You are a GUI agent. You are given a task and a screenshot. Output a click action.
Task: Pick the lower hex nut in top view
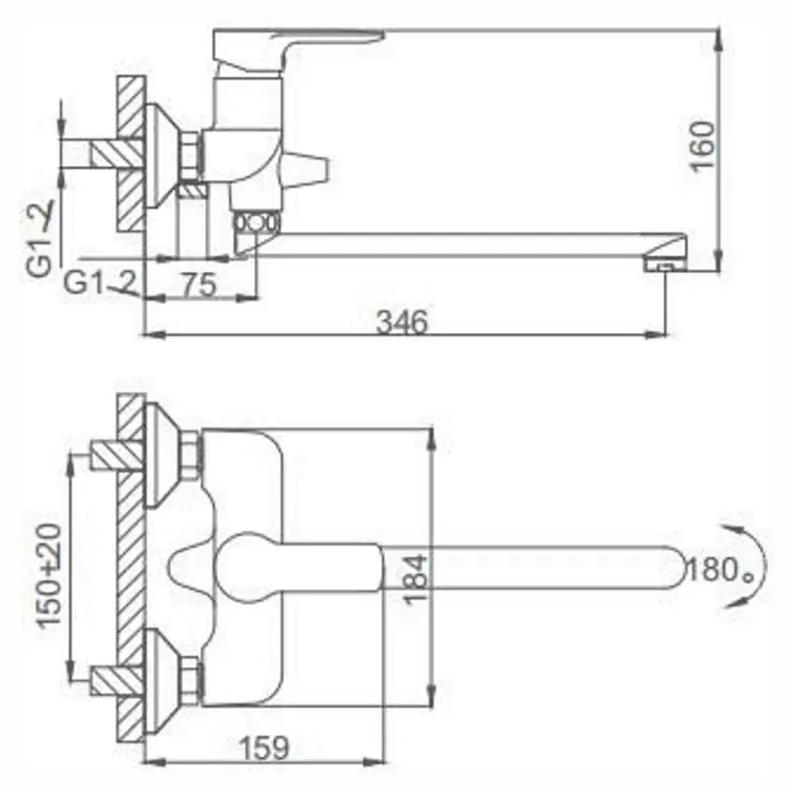tap(191, 679)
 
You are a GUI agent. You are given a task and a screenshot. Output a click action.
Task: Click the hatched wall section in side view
tap(131, 154)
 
